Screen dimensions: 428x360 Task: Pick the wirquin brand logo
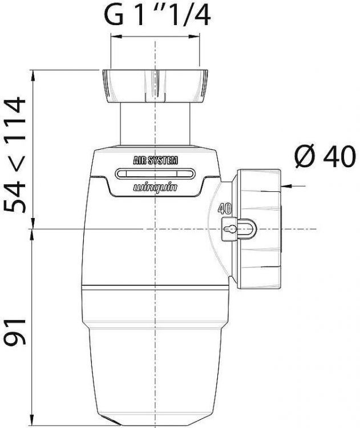(155, 187)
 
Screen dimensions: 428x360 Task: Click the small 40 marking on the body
(224, 209)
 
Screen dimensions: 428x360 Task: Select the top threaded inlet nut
(155, 86)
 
